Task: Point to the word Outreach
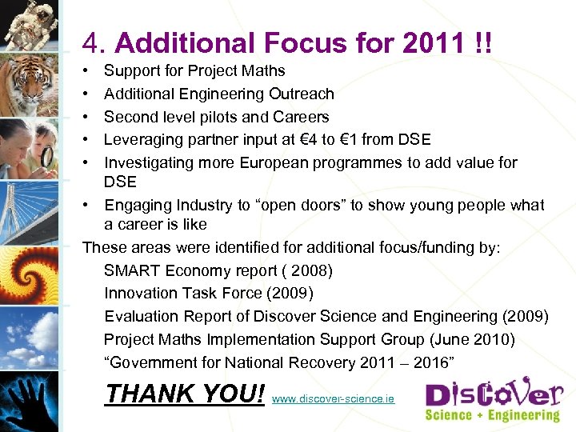[302, 94]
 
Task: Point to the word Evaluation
[142, 317]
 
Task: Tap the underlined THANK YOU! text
[185, 394]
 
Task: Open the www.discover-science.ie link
[334, 397]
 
